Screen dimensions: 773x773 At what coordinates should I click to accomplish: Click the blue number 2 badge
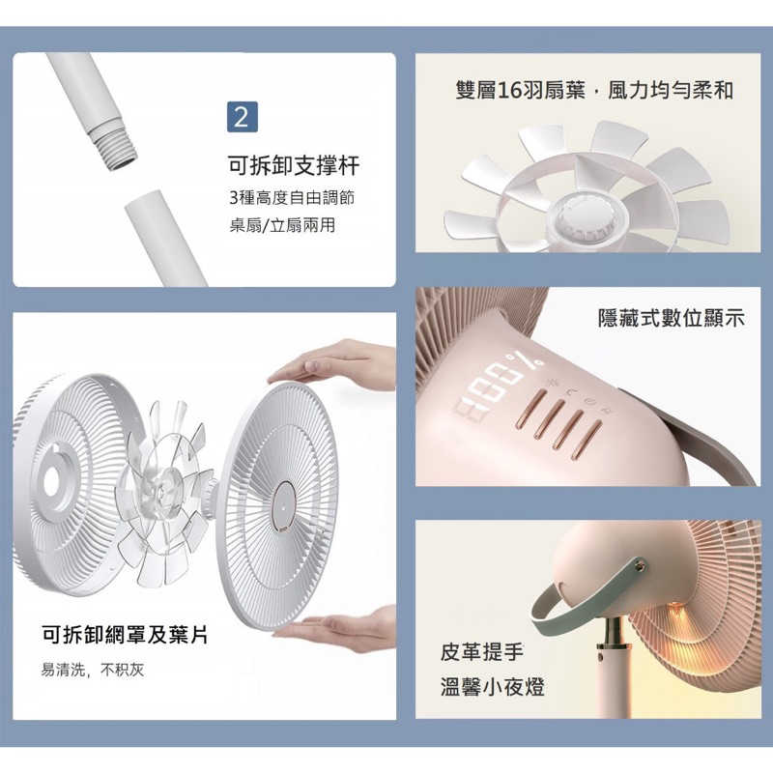[243, 117]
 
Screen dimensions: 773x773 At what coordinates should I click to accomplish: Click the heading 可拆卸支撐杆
[294, 165]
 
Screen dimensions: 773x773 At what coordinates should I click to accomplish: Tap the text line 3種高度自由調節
[292, 198]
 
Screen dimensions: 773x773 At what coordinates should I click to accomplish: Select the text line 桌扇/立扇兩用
[282, 225]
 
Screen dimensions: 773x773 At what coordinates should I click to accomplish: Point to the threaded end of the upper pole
[114, 147]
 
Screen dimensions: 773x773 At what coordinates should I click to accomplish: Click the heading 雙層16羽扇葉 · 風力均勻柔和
[594, 90]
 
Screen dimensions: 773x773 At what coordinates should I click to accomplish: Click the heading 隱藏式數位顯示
[671, 318]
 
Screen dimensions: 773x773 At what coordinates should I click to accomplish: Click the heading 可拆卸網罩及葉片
[125, 634]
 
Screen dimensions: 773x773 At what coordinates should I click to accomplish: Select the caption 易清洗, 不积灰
[93, 670]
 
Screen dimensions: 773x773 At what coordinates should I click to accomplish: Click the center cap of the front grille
[283, 506]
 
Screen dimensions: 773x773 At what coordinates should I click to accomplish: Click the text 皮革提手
[481, 651]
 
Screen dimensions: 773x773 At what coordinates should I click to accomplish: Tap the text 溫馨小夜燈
[493, 687]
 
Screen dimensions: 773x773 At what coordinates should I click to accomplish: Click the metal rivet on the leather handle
[640, 566]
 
